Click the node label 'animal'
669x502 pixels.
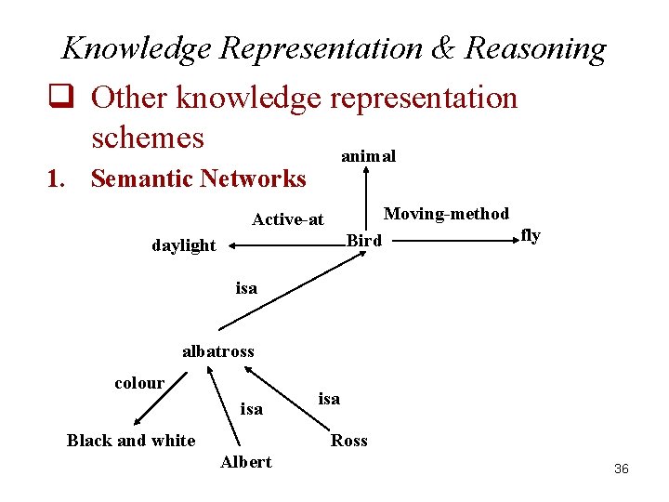click(x=368, y=156)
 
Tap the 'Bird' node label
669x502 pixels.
click(x=364, y=241)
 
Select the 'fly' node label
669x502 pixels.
click(x=531, y=235)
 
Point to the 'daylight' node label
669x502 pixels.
click(x=183, y=245)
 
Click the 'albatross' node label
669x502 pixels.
click(x=217, y=351)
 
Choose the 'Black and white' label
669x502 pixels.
click(x=131, y=441)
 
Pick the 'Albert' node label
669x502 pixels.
click(x=245, y=462)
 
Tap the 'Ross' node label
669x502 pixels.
click(x=349, y=441)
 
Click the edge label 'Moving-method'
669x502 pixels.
click(x=446, y=214)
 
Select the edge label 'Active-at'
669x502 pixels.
click(x=288, y=219)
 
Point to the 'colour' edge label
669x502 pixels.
click(x=139, y=383)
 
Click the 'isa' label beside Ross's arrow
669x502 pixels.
click(x=329, y=398)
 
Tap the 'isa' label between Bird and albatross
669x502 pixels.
click(x=246, y=288)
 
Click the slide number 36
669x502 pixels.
click(x=622, y=469)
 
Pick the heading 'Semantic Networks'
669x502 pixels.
click(x=198, y=178)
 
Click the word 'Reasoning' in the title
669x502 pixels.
click(x=535, y=47)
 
